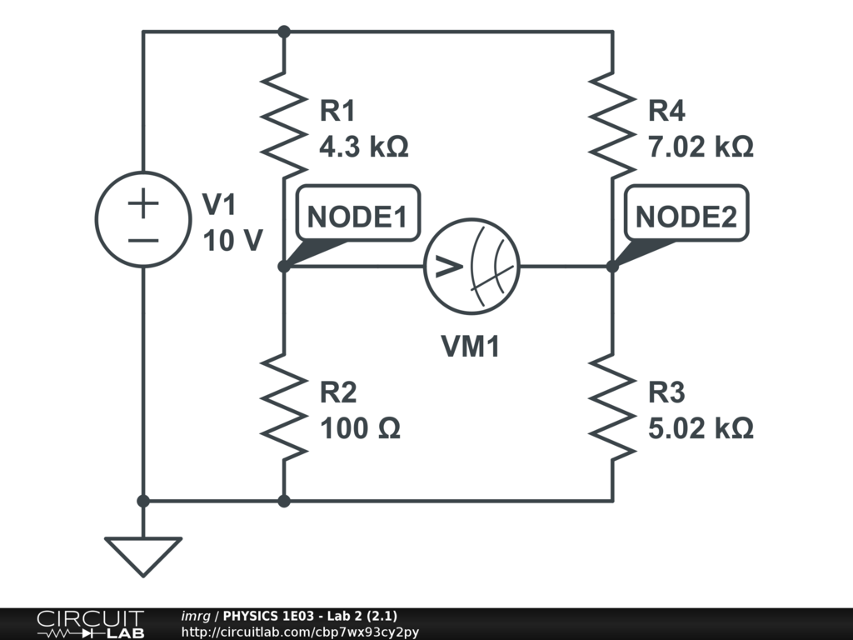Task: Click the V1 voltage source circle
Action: [143, 220]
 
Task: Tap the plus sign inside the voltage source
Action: [143, 203]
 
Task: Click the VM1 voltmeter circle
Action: [471, 267]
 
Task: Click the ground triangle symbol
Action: [143, 553]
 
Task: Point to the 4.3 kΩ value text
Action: [363, 147]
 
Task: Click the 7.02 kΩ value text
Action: [701, 147]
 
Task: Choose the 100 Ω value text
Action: [360, 428]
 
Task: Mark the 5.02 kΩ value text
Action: [701, 428]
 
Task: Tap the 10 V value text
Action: [232, 240]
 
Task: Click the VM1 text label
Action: [471, 347]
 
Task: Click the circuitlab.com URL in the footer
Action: [300, 632]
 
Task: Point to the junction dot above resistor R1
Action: [283, 32]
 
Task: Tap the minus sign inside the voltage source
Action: [143, 240]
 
